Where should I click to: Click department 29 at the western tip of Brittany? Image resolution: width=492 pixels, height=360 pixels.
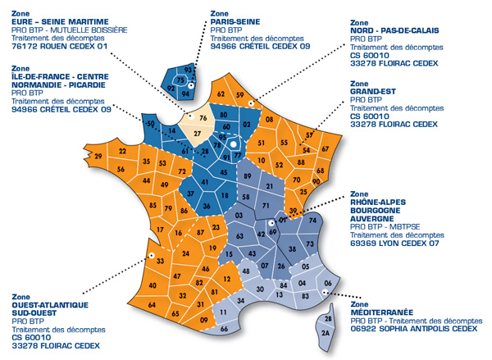tap(98, 156)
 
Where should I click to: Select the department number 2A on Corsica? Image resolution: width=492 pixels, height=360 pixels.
tap(326, 334)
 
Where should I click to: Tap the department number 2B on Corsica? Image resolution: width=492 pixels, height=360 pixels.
tap(329, 318)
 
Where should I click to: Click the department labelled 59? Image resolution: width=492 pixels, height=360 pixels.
tap(239, 95)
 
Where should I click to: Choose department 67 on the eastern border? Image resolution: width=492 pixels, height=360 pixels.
tap(324, 148)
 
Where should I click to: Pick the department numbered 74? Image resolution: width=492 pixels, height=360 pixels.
tap(312, 221)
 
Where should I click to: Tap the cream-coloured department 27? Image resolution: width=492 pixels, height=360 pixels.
tap(198, 132)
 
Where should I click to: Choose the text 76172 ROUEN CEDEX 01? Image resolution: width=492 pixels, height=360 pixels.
tap(61, 46)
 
